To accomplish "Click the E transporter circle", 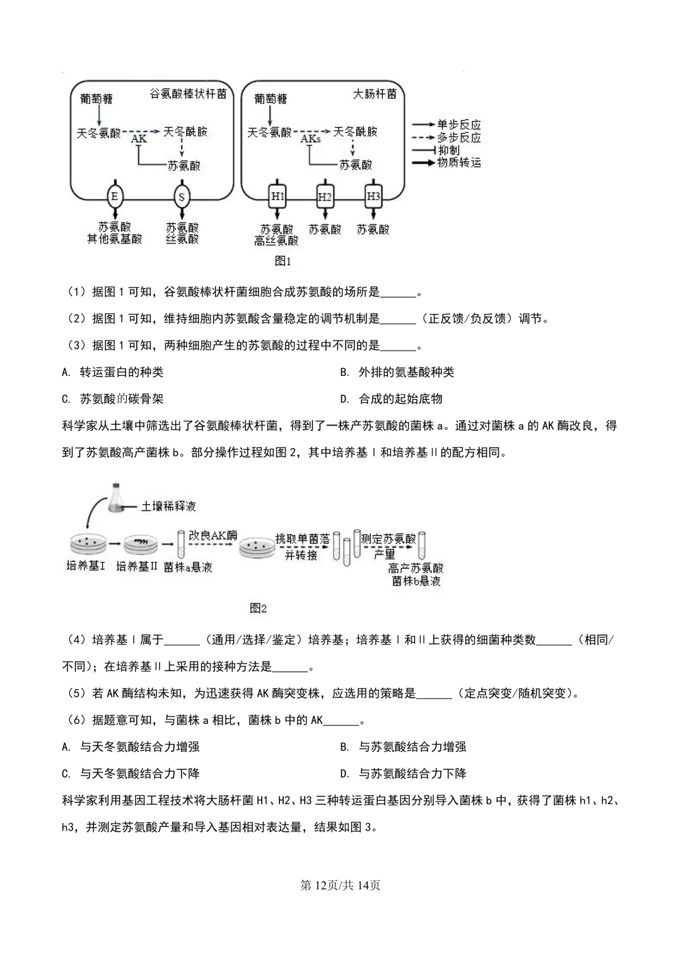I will click(x=114, y=197).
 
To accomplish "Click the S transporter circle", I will click(x=182, y=197).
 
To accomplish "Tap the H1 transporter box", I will click(x=277, y=197).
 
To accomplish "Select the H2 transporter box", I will click(x=325, y=197).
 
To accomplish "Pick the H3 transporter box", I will click(x=373, y=197).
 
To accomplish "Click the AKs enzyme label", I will click(x=310, y=139).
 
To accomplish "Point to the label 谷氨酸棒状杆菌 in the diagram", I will click(x=187, y=94).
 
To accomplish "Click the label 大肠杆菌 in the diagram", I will click(x=375, y=94).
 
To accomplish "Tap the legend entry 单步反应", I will click(x=458, y=125).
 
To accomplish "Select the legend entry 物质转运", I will click(x=458, y=163).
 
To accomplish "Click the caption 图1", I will click(x=283, y=260).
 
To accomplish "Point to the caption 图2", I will click(x=259, y=608).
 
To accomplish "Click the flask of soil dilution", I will click(x=116, y=498).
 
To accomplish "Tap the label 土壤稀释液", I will click(x=168, y=506).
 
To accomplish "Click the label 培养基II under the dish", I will click(x=136, y=566).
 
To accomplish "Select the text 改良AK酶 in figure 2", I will click(x=213, y=535).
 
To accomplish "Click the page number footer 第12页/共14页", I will click(x=340, y=885).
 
